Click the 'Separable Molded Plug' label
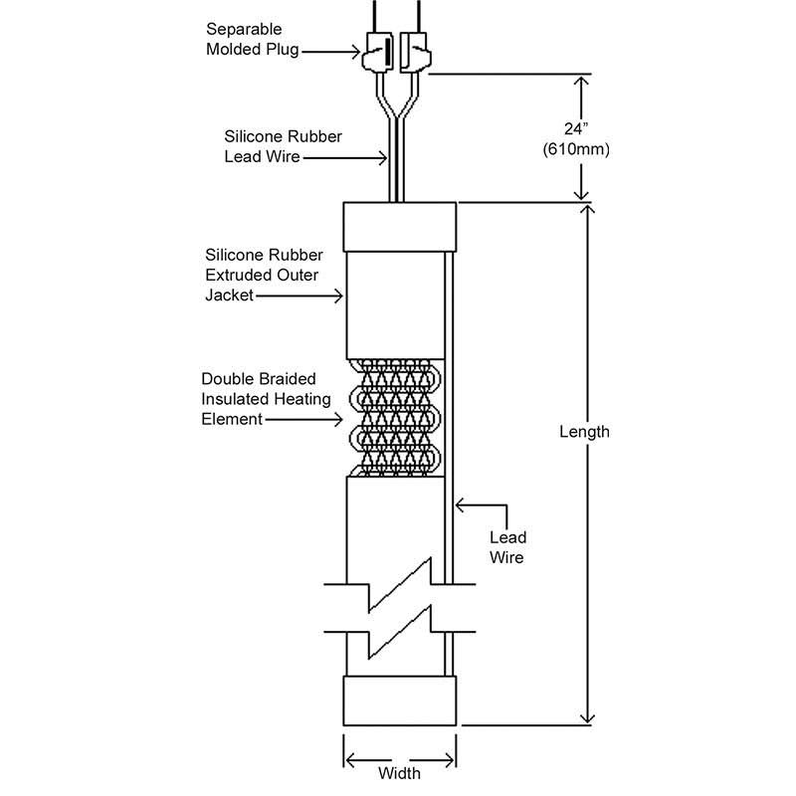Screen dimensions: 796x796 pyautogui.click(x=253, y=39)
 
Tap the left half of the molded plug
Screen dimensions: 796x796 pyautogui.click(x=378, y=52)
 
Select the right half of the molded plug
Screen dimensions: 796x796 pyautogui.click(x=415, y=52)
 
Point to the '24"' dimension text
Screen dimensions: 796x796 pyautogui.click(x=576, y=129)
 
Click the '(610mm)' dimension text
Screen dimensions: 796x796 pyautogui.click(x=576, y=149)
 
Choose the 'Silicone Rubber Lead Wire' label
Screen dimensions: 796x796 pyautogui.click(x=283, y=146)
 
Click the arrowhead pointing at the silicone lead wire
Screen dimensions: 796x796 pyautogui.click(x=383, y=158)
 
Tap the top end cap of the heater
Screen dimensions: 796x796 pyautogui.click(x=400, y=227)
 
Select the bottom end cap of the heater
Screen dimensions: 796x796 pyautogui.click(x=400, y=700)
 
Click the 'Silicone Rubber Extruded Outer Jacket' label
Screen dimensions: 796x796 pyautogui.click(x=264, y=275)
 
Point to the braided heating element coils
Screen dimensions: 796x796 pyautogui.click(x=395, y=418)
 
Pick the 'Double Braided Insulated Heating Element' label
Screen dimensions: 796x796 pyautogui.click(x=266, y=399)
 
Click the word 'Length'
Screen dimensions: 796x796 pyautogui.click(x=584, y=432)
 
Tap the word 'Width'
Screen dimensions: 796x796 pyautogui.click(x=400, y=773)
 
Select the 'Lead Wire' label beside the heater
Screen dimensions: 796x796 pyautogui.click(x=507, y=547)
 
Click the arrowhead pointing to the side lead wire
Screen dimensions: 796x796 pyautogui.click(x=460, y=505)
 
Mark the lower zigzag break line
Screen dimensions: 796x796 pyautogui.click(x=400, y=632)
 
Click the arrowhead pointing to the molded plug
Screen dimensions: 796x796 pyautogui.click(x=356, y=52)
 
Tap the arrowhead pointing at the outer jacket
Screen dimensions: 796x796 pyautogui.click(x=338, y=296)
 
